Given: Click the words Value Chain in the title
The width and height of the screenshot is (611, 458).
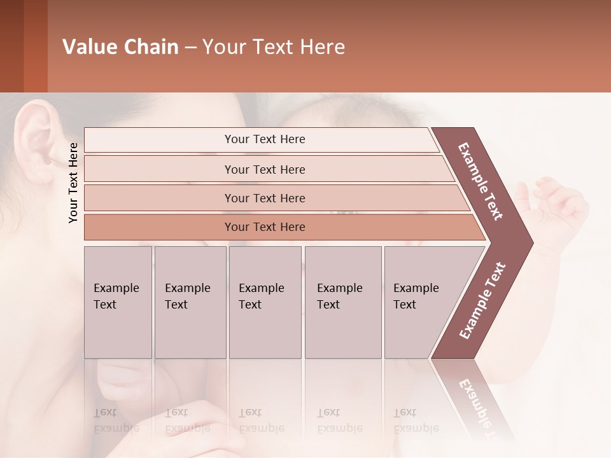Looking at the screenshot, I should tap(120, 47).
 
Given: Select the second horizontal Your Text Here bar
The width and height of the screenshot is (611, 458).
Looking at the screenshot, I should tap(265, 169).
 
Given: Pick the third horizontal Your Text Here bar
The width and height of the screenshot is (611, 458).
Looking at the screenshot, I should tap(265, 198).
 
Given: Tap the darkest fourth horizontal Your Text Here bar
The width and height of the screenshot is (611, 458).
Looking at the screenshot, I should tap(265, 227).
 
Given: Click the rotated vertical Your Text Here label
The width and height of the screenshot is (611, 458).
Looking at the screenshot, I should tap(73, 183).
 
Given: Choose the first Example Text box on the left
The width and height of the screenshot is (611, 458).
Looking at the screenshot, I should tap(118, 302).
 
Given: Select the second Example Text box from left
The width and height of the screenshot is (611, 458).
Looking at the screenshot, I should tap(190, 302).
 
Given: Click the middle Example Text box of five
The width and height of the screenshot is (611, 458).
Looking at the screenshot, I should tap(265, 302).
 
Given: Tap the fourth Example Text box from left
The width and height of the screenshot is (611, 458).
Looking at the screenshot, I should tap(343, 302).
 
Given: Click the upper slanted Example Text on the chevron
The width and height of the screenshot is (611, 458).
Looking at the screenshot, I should tap(481, 182).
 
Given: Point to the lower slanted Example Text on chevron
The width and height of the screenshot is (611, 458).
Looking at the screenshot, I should tap(482, 300).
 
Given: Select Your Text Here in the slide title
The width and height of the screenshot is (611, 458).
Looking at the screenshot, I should tap(274, 47).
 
